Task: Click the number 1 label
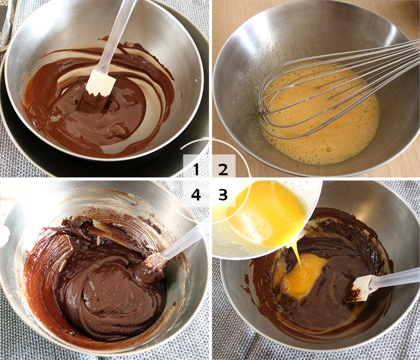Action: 196,169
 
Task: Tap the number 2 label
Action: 223,169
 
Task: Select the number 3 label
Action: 223,195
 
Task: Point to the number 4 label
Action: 196,195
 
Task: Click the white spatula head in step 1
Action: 101,82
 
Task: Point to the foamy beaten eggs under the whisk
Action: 325,131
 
